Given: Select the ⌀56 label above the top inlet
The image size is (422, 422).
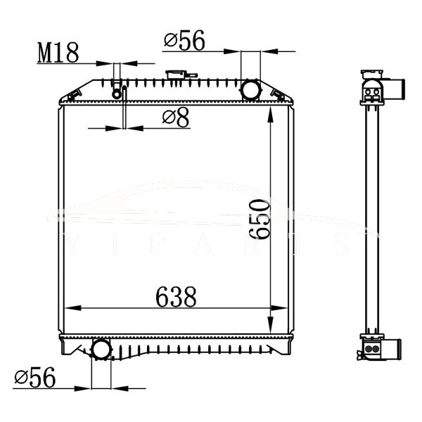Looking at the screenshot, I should click(x=184, y=41).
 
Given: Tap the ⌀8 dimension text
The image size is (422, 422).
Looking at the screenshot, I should click(x=176, y=117).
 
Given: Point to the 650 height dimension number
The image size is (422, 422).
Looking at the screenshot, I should click(x=260, y=219).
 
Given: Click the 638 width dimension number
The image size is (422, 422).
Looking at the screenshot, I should click(x=175, y=298).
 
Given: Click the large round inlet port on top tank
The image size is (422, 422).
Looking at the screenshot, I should click(x=250, y=90).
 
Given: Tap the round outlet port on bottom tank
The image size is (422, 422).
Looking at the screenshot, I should click(x=101, y=349).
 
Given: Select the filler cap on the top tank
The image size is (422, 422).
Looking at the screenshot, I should click(x=174, y=75).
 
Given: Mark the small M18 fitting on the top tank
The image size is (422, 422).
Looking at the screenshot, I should click(x=117, y=91).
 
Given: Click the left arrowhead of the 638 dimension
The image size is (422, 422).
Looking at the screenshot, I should click(x=68, y=308).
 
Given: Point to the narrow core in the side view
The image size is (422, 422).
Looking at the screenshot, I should click(x=371, y=218).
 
